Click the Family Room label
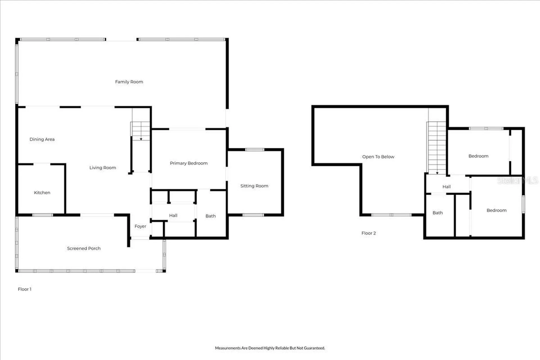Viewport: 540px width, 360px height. [129, 82]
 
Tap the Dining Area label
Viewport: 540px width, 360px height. [42, 139]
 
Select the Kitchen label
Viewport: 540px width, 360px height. [42, 193]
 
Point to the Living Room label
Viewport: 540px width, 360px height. [103, 168]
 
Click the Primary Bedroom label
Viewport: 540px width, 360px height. [189, 163]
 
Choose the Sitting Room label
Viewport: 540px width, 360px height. [254, 186]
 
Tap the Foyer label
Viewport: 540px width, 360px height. [140, 226]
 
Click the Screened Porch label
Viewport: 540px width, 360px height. [84, 248]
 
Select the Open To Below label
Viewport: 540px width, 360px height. [378, 157]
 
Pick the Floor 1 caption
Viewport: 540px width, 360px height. [25, 289]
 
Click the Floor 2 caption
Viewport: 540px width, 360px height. [369, 233]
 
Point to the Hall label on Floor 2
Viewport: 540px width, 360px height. [447, 187]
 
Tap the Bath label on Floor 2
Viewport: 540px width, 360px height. [438, 213]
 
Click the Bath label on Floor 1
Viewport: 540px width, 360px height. [211, 216]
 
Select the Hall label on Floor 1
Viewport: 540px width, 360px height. [173, 215]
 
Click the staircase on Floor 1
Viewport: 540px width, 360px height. [141, 131]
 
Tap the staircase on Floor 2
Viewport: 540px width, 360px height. [437, 148]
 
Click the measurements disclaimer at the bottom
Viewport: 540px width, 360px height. [270, 348]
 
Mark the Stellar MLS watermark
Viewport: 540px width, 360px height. [517, 181]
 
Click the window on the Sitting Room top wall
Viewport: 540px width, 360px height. [255, 150]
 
